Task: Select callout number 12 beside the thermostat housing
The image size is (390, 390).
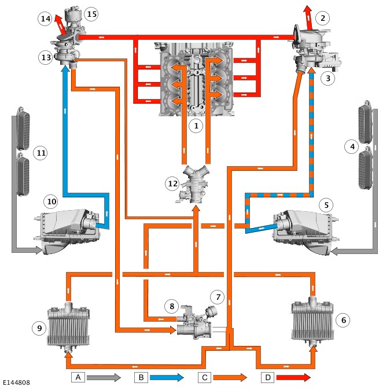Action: click(x=172, y=183)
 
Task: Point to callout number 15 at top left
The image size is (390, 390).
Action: click(x=91, y=13)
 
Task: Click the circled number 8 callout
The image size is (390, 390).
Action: click(x=172, y=305)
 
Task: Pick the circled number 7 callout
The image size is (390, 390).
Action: click(x=216, y=297)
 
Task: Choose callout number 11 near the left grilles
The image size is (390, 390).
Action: click(x=39, y=153)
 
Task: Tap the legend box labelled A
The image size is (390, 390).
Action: click(x=78, y=377)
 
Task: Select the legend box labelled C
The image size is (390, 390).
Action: click(x=204, y=377)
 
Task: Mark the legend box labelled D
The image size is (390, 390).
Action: click(x=267, y=377)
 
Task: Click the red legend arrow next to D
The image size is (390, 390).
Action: click(x=294, y=377)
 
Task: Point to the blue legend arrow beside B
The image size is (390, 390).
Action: click(x=167, y=377)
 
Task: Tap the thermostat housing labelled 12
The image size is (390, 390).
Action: click(x=196, y=184)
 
